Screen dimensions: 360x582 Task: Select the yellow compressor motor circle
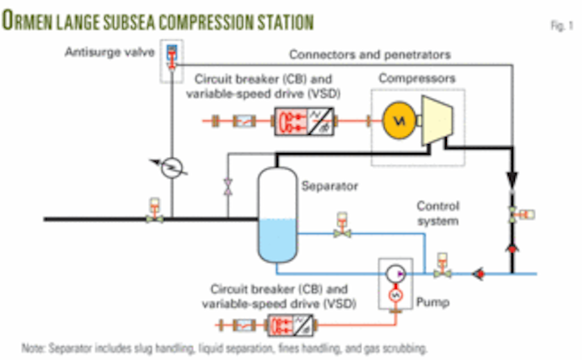pos(397,121)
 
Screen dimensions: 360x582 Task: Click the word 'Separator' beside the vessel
pos(329,185)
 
